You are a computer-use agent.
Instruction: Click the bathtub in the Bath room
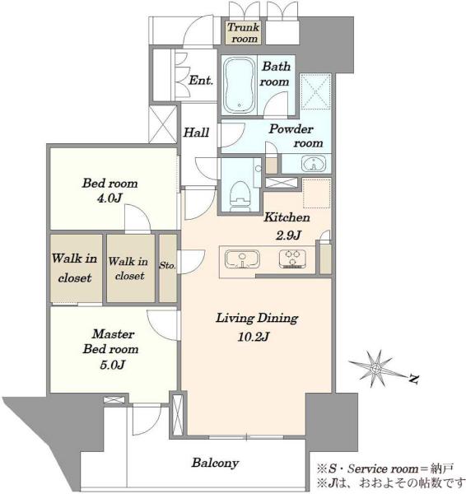coord(239,85)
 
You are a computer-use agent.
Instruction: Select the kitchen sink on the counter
coord(242,259)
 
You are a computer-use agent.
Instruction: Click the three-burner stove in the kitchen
coord(293,259)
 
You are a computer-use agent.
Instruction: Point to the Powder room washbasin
coord(314,164)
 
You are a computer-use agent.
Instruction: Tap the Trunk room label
coord(243,33)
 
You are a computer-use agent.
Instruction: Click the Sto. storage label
coord(167,266)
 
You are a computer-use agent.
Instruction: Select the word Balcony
coord(215,463)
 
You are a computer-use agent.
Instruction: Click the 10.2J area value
coord(254,337)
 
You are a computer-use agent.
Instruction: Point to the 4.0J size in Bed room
coord(110,198)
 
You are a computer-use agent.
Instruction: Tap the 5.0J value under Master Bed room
coord(113,365)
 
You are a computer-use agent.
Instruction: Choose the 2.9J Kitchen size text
coord(289,235)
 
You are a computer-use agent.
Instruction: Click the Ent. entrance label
coord(201,81)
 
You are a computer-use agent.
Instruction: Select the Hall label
coord(196,133)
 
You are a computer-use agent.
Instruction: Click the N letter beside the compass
coord(414,379)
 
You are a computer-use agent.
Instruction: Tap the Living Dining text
coord(257,318)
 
